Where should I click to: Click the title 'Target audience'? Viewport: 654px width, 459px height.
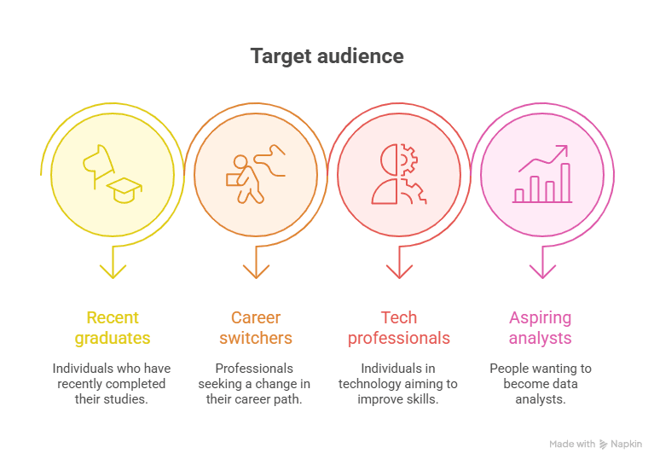[327, 56]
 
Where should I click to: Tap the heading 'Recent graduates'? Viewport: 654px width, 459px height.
[113, 328]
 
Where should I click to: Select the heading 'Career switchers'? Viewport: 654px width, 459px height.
[256, 328]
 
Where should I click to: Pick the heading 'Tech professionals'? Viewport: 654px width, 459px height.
[399, 328]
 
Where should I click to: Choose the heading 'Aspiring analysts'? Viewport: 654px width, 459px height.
[540, 328]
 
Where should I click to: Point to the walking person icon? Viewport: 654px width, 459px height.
[246, 179]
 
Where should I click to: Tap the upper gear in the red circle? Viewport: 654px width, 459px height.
[408, 160]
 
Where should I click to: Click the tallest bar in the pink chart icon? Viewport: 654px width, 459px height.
[565, 183]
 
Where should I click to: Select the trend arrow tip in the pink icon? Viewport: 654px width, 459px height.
[567, 146]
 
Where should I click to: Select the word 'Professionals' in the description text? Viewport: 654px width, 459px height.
[254, 369]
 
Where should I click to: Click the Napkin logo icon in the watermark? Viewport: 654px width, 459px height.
[603, 444]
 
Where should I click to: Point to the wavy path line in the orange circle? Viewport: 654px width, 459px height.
[270, 160]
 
